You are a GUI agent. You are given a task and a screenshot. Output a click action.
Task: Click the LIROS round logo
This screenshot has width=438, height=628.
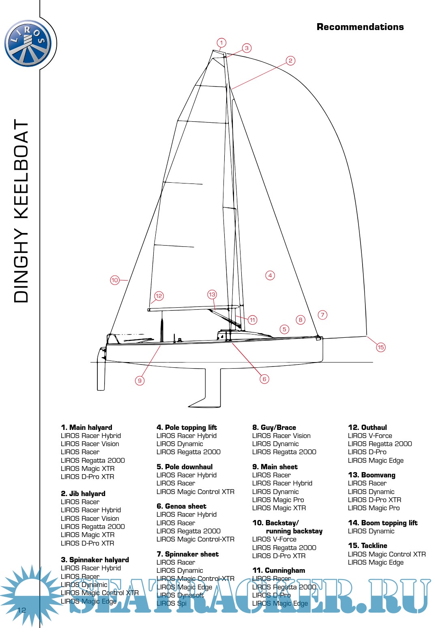28,43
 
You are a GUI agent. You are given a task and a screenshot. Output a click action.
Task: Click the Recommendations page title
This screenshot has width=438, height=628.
360,27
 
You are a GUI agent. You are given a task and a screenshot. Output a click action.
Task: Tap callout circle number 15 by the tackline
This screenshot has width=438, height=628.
380,347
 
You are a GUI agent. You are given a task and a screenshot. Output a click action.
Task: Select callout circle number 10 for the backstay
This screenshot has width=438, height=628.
115,280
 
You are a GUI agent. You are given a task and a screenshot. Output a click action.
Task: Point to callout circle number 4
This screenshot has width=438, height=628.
270,275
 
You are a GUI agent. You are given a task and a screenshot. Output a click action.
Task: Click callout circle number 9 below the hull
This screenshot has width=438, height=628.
140,380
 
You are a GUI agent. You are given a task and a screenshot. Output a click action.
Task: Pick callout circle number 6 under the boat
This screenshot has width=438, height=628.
264,379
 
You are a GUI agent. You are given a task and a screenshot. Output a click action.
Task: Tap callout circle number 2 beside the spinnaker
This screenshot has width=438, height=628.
290,61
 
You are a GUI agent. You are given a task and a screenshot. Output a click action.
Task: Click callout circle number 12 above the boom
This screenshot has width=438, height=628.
159,296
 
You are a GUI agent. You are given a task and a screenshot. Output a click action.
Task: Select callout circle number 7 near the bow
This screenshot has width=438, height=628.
322,315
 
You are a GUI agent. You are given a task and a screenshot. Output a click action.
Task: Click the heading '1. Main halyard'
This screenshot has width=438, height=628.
86,427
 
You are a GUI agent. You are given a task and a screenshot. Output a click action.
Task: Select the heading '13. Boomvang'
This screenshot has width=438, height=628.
371,475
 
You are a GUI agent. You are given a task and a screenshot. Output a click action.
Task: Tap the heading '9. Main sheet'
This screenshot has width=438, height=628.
275,467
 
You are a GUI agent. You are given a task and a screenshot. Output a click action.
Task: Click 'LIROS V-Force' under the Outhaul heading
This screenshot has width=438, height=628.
370,436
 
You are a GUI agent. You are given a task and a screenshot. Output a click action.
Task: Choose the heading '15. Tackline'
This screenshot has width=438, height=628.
367,546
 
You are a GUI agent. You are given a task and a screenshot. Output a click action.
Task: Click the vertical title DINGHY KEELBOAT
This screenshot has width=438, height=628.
21,211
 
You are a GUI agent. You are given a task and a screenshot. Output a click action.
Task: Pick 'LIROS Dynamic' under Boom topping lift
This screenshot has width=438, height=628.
371,531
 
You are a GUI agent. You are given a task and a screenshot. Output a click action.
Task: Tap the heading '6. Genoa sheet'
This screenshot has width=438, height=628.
181,506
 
